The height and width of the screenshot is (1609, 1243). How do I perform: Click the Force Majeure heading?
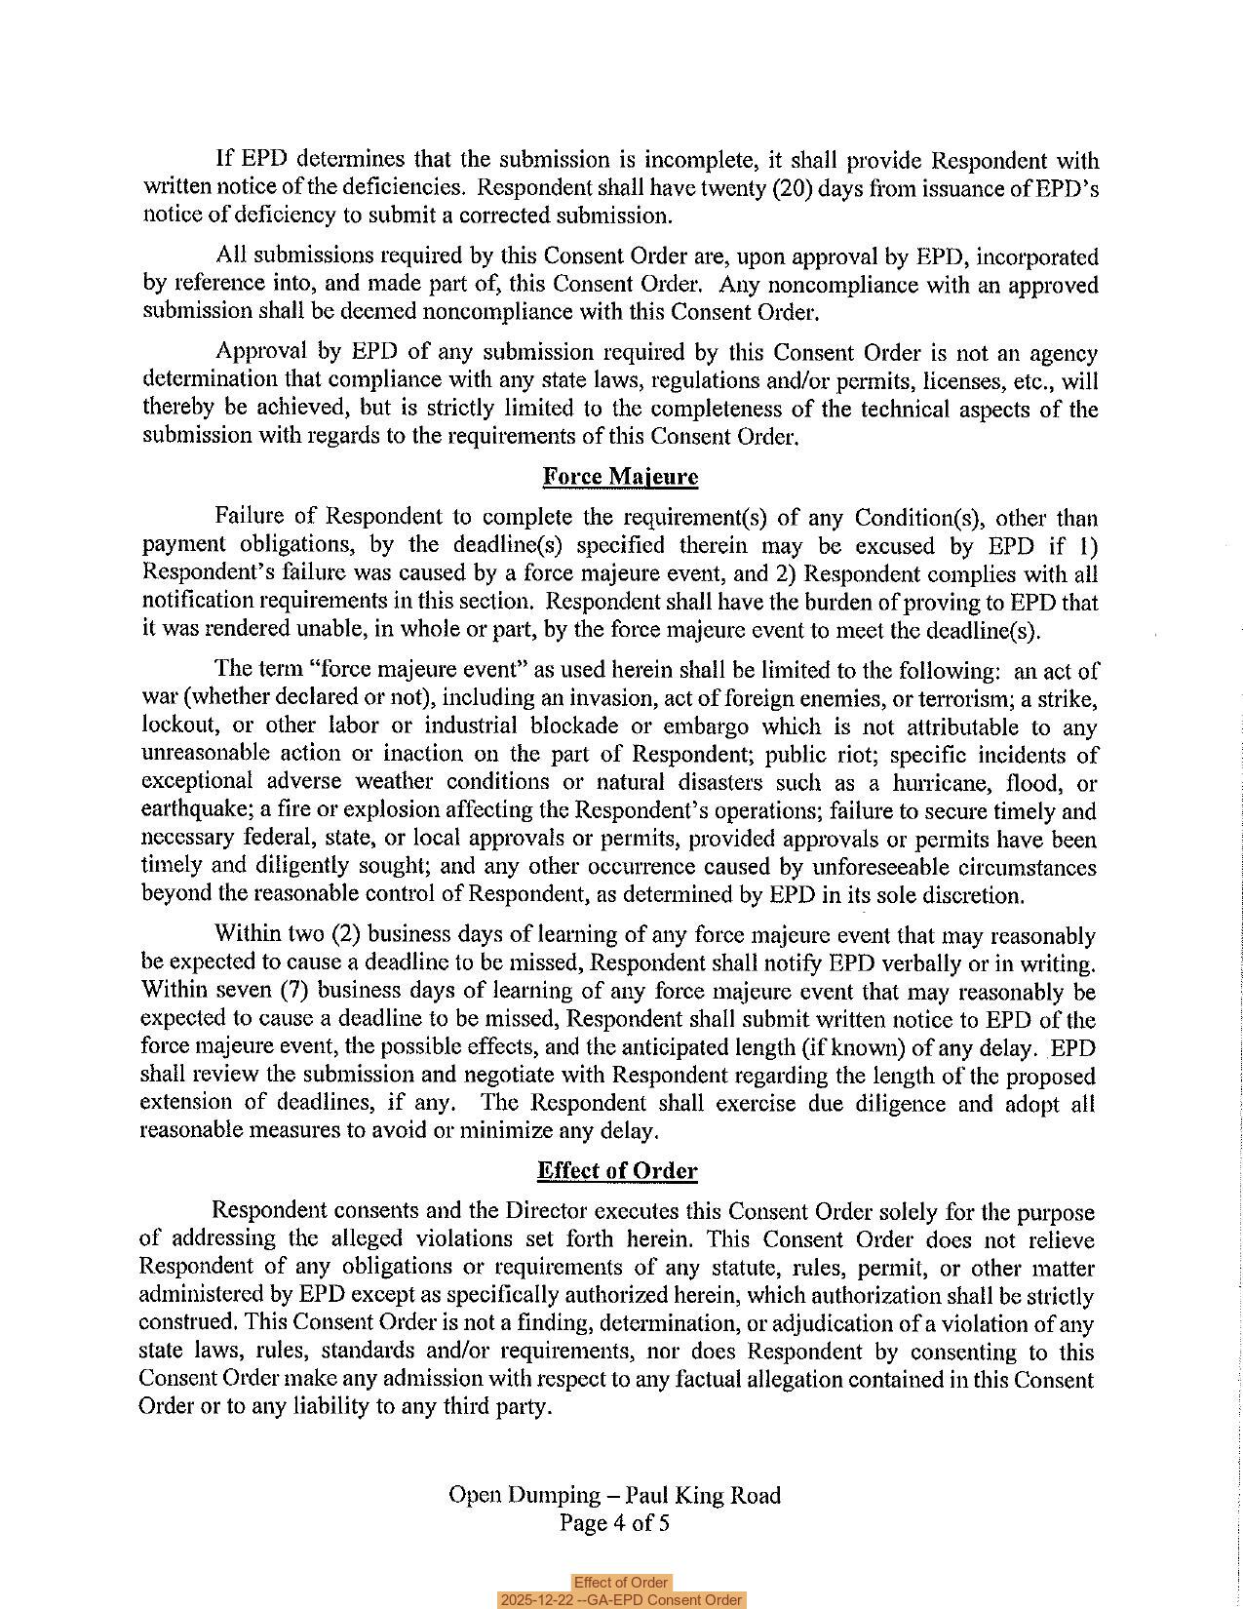620,477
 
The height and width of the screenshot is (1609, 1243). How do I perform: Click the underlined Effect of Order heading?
617,1170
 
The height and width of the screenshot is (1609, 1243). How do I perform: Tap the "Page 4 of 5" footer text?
614,1523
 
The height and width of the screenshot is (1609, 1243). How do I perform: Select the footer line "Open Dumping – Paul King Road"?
614,1495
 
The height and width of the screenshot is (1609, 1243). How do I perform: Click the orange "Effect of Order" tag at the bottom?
620,1583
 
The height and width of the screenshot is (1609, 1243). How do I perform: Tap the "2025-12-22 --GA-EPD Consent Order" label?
620,1600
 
